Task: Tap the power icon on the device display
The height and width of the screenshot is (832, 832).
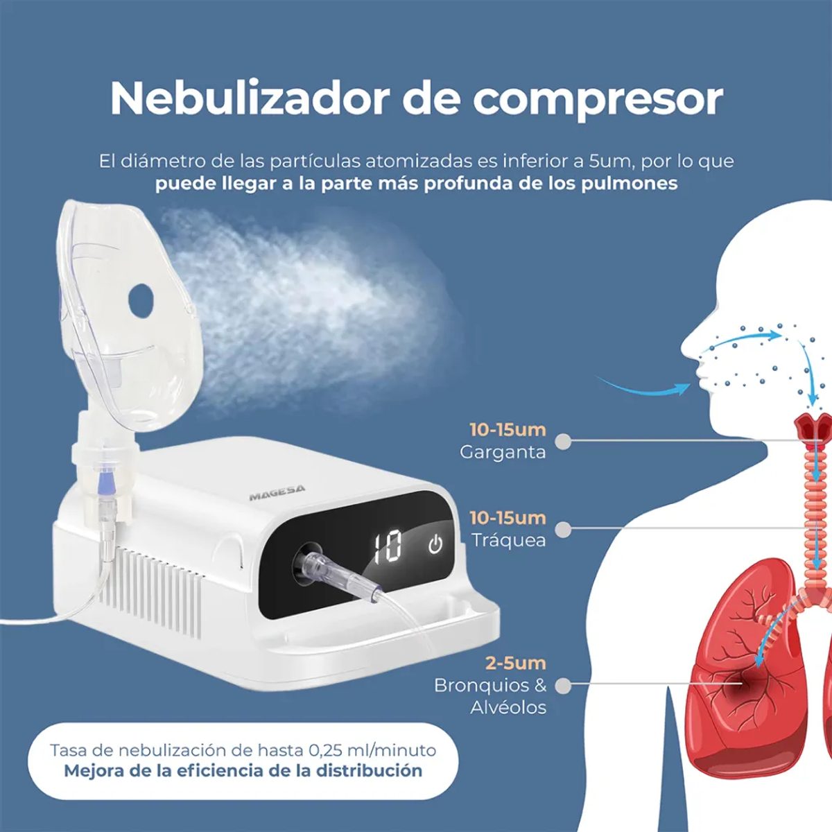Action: tap(435, 544)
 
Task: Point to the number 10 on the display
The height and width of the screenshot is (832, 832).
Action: tap(388, 548)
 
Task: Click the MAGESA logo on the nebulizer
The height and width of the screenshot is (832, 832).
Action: tap(277, 492)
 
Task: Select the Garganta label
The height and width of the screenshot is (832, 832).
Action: tap(503, 453)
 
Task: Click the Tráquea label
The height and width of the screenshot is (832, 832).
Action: tap(509, 540)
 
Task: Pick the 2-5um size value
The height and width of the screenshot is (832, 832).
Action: tap(516, 663)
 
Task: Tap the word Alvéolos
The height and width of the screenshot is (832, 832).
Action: tap(508, 708)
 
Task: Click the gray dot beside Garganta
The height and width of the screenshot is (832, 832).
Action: tap(562, 441)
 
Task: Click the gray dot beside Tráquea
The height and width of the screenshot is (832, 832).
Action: tap(562, 529)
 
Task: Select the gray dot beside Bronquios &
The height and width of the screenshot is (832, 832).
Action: tap(562, 685)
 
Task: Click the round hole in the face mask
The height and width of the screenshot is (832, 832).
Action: tap(141, 299)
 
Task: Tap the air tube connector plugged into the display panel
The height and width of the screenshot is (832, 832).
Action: tap(337, 575)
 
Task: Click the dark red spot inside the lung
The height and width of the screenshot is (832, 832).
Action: tap(743, 682)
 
